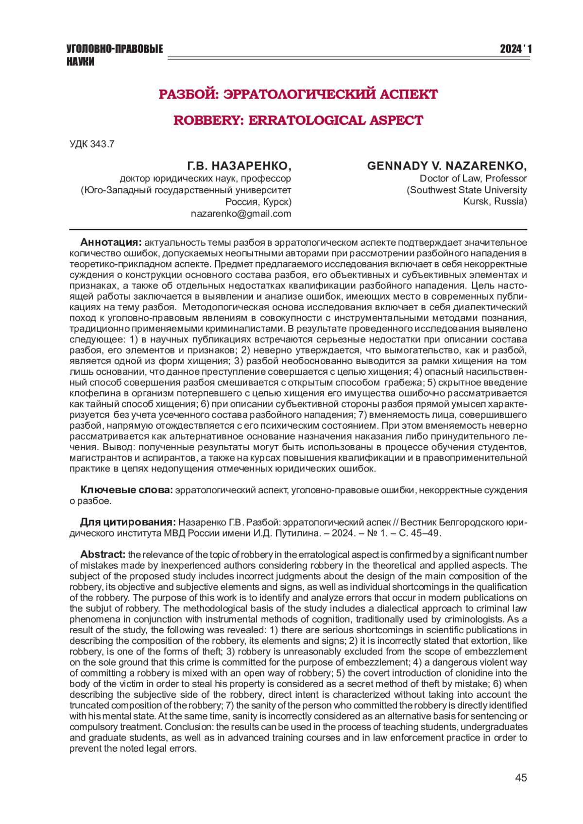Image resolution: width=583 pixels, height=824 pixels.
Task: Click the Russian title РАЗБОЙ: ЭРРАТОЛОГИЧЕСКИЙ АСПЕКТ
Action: [x=298, y=94]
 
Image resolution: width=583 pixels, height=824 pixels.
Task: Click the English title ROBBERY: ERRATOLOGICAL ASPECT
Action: [x=298, y=120]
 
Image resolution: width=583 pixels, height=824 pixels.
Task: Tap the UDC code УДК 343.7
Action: [x=92, y=144]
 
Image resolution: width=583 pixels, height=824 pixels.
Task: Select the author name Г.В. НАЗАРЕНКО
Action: [x=240, y=166]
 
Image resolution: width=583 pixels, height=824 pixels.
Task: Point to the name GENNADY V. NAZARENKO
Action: [x=446, y=166]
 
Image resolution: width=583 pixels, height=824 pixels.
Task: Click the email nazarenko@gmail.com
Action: [x=241, y=214]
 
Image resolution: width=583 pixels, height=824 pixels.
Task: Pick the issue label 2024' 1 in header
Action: [x=515, y=49]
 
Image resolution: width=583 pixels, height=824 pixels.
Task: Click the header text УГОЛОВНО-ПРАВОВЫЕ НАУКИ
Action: [x=115, y=55]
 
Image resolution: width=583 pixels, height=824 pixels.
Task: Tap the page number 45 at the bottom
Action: [x=520, y=778]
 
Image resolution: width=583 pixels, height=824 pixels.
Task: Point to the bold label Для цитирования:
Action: [x=128, y=522]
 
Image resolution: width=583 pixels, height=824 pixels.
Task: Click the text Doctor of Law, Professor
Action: [x=473, y=178]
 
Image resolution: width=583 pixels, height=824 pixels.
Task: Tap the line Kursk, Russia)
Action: [x=495, y=202]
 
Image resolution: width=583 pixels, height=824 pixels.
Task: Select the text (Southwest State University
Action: [x=466, y=190]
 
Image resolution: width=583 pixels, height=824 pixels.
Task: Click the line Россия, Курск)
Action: [x=258, y=202]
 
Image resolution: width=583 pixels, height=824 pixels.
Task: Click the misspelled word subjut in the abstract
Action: [x=100, y=608]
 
